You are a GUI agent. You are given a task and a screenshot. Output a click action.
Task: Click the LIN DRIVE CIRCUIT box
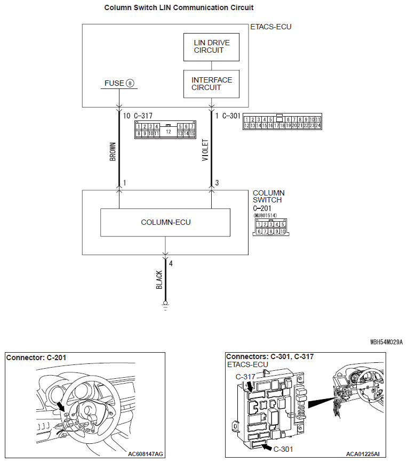211,47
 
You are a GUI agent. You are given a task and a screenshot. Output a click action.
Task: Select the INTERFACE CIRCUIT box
211,84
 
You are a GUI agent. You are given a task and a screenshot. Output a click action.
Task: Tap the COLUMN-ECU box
165,222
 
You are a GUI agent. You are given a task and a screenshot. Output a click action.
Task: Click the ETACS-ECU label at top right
271,26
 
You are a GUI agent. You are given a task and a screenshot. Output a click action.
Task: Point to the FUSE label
114,83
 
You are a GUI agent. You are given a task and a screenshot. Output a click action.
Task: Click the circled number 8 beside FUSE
130,84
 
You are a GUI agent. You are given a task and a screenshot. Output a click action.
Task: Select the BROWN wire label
113,151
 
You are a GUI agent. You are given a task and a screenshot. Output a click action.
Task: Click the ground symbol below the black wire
165,306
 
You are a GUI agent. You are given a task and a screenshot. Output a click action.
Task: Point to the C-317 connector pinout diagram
166,129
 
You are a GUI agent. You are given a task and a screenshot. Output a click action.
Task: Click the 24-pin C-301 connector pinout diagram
282,122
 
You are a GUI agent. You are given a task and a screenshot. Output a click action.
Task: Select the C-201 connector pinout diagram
271,228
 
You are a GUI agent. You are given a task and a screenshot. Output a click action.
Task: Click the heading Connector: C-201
36,358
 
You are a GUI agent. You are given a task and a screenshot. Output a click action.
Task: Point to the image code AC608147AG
146,454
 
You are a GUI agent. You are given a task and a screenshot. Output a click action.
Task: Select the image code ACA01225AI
362,454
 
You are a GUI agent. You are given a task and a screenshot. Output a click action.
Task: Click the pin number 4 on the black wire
171,264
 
